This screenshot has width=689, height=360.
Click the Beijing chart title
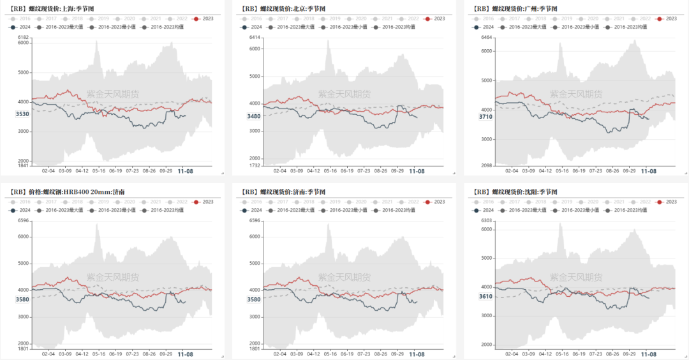click(x=281, y=9)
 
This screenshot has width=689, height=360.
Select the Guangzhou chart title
click(x=516, y=9)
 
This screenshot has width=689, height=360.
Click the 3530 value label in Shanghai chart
click(x=22, y=114)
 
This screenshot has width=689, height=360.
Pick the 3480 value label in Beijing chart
click(x=254, y=116)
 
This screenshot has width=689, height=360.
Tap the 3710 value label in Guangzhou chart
click(x=486, y=117)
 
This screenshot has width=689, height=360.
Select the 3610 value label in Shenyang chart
click(x=486, y=296)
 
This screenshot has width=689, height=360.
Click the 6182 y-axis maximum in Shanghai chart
click(x=24, y=38)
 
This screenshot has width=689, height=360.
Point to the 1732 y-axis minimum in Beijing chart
click(x=255, y=165)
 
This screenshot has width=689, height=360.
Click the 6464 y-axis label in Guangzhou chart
click(x=487, y=38)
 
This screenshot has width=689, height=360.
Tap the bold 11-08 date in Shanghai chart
click(x=185, y=172)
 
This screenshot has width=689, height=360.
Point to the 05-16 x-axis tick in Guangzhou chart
click(x=563, y=171)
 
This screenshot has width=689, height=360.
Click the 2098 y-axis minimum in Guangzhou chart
click(x=487, y=165)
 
